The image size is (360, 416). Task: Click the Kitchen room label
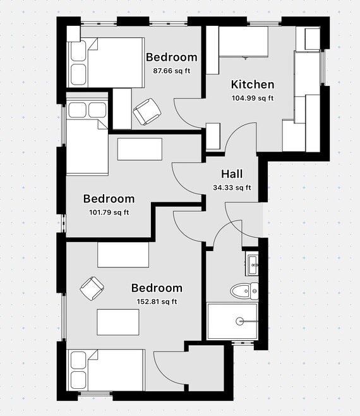252,84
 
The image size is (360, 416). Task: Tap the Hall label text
231,174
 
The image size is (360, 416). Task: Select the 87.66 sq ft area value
171,70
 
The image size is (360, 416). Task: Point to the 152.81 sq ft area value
157,302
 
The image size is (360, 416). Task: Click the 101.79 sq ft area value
109,212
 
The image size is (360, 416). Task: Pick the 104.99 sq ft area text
252,97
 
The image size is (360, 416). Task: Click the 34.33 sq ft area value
231,187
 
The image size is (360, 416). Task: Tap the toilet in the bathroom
244,291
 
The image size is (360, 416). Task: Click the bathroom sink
253,264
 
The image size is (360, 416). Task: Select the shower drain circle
240,321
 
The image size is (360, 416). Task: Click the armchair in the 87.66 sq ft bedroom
147,112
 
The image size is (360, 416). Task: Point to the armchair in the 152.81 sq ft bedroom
92,288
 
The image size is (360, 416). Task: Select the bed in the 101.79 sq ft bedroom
87,138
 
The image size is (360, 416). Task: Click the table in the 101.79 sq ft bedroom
140,149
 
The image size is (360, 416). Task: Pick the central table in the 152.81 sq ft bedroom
117,321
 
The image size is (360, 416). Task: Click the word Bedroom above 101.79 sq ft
109,199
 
